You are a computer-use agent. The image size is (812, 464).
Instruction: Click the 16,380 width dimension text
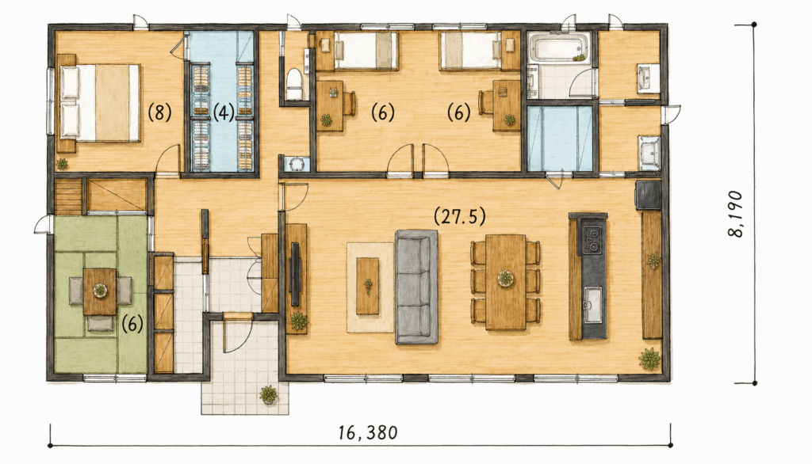coord(368,432)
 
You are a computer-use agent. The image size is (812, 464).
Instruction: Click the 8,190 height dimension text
coord(735,214)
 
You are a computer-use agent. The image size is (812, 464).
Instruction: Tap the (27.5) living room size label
coord(460,216)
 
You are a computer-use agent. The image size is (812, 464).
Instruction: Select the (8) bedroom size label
coord(159,112)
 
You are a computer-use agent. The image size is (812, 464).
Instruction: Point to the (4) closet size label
coord(224,112)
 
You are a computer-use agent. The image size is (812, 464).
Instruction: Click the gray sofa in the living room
coord(416,287)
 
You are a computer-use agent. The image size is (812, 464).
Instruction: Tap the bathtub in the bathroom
coord(558,48)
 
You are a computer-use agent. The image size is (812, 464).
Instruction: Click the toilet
coord(294,84)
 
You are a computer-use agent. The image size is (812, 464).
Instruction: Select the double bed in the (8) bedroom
coord(99,102)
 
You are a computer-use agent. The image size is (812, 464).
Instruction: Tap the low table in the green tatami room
coord(100,291)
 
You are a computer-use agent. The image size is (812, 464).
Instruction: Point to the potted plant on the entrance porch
coord(269,394)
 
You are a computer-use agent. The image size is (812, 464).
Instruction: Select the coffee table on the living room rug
coord(368,286)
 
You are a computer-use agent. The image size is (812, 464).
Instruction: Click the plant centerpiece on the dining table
coord(505,279)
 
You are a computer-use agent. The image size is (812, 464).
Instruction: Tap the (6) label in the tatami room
coord(132,324)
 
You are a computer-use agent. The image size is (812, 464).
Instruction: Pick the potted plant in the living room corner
coord(649,359)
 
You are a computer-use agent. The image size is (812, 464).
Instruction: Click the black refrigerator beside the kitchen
coord(648,195)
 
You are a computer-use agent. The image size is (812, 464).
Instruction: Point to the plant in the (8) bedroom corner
coord(62,164)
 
